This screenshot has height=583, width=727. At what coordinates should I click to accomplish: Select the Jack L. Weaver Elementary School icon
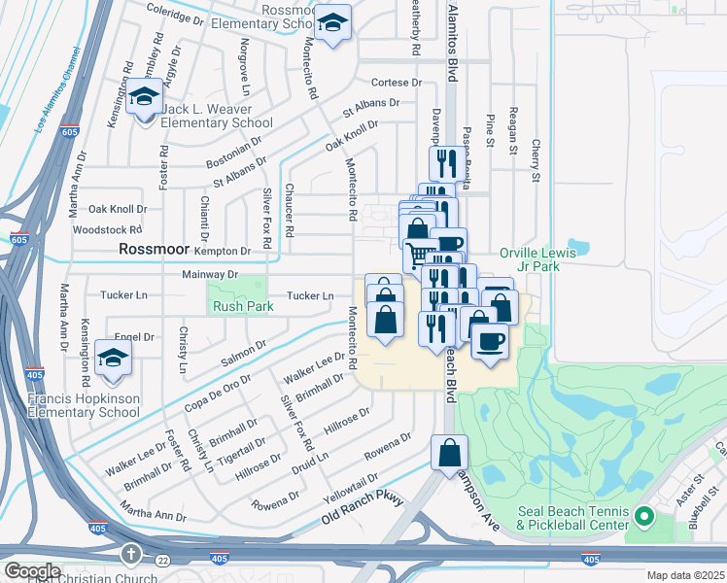144,100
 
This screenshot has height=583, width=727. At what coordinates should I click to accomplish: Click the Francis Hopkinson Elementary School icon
114,360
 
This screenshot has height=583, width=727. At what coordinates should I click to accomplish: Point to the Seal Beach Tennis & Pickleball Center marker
643,515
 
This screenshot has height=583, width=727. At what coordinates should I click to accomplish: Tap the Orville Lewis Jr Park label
537,259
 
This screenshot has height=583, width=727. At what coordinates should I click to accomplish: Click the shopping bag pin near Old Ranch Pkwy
450,454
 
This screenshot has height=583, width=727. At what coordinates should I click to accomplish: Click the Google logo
31,571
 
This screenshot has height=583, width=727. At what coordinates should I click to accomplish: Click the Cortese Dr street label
397,83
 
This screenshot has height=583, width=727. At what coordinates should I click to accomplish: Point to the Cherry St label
535,160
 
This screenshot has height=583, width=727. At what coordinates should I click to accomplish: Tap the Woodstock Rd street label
108,230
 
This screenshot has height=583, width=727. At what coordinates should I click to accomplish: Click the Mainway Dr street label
210,275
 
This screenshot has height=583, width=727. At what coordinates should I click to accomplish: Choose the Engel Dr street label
135,337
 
